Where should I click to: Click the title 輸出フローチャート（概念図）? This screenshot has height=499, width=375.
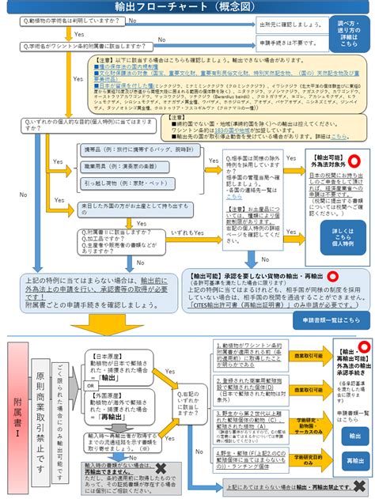pyautogui.click(x=187, y=7)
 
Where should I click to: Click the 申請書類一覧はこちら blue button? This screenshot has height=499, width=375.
pyautogui.click(x=336, y=319)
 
